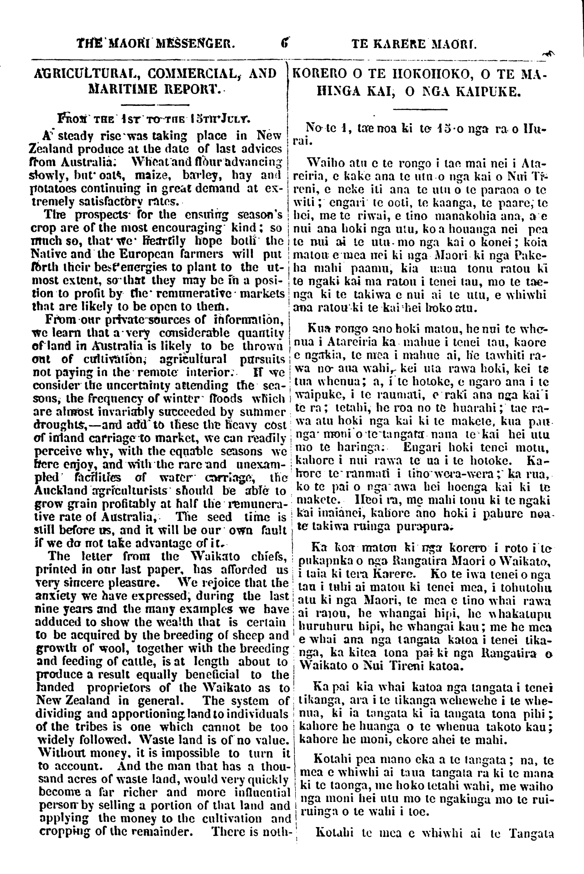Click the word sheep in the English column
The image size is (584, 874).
(256, 635)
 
